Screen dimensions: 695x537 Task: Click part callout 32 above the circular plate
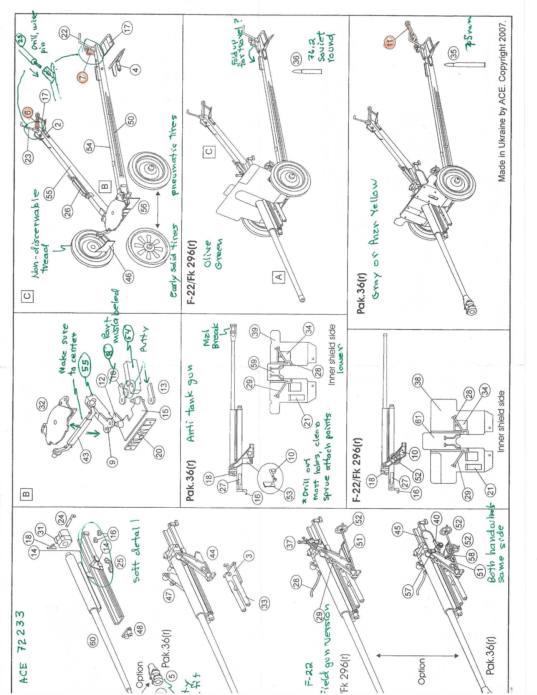(x=43, y=403)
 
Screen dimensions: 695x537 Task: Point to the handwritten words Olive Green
(x=215, y=255)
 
